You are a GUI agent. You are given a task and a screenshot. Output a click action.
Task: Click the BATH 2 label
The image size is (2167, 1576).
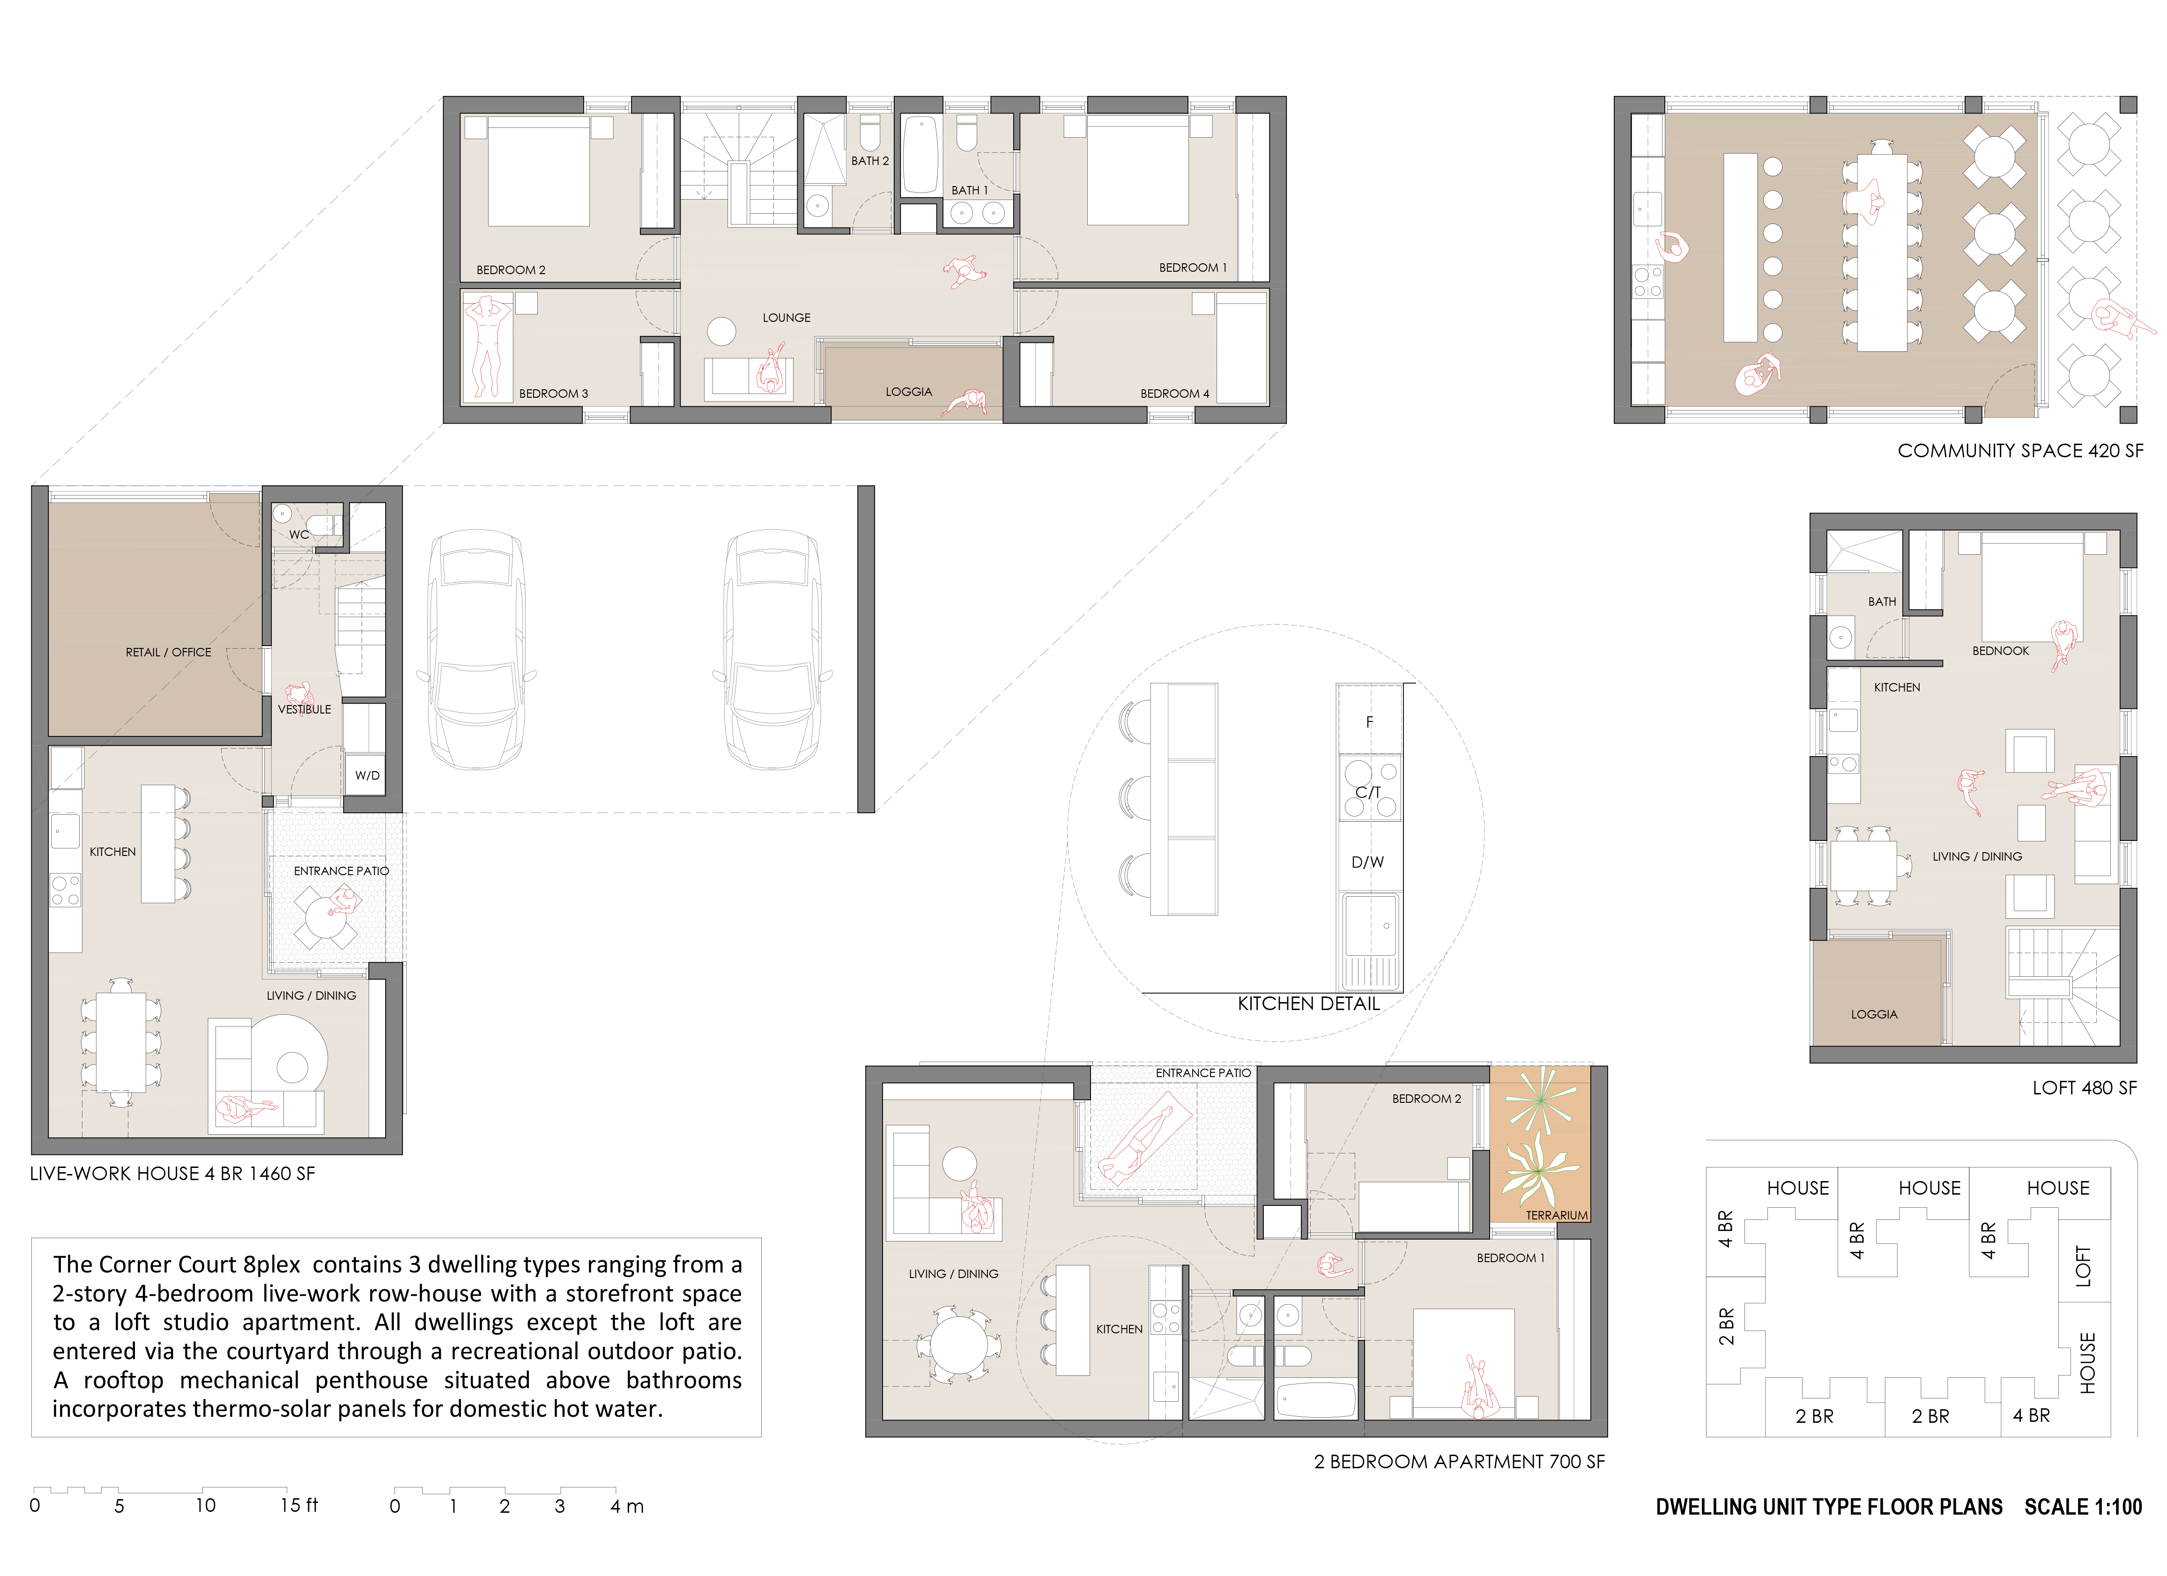coord(869,161)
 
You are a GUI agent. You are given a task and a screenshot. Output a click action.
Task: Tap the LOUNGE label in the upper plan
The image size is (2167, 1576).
coord(787,317)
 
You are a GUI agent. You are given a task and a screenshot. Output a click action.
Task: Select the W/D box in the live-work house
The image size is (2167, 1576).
coord(367,775)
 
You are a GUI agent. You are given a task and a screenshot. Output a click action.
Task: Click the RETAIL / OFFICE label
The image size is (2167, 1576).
coord(168,652)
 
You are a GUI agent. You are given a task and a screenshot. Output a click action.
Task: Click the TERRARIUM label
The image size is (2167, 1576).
coord(1557,1215)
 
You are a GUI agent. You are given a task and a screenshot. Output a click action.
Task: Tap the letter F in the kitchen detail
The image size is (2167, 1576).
coord(1369,721)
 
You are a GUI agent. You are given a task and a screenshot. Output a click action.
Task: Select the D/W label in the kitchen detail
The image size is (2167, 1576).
coord(1367,862)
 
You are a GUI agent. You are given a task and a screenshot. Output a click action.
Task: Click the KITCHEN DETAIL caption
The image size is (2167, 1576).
coord(1308,1004)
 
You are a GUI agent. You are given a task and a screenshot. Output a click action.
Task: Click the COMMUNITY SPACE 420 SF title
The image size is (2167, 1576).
coord(2020,450)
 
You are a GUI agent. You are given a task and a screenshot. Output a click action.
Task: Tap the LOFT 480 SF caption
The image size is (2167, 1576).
coord(2084,1088)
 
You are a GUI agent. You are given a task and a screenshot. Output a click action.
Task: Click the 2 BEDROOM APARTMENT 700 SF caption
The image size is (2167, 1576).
coord(1459,1461)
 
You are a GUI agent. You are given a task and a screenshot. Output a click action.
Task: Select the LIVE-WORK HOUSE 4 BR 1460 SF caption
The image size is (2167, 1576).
coord(172,1174)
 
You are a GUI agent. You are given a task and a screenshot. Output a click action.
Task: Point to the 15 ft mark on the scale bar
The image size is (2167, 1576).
coord(298,1505)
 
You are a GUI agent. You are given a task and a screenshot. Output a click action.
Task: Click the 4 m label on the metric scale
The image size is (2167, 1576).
coord(627,1506)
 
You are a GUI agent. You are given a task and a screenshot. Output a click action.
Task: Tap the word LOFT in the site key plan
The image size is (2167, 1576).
coord(2083,1266)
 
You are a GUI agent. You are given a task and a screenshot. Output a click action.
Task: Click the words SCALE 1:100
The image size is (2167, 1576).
coord(2083,1507)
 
